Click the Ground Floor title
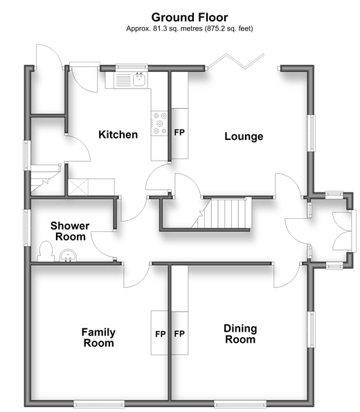[190, 17]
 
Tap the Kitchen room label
[118, 134]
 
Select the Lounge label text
[244, 136]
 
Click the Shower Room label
[70, 231]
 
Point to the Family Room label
[98, 338]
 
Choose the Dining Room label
[240, 334]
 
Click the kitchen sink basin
[140, 79]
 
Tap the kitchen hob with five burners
[159, 123]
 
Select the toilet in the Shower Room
[46, 251]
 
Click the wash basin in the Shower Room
[68, 256]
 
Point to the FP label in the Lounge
[179, 132]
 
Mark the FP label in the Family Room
[161, 334]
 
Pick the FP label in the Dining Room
[179, 334]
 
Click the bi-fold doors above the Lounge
[235, 62]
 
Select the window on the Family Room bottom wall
[99, 404]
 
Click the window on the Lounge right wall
[312, 133]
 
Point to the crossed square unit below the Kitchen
[78, 187]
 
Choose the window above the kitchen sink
[132, 67]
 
